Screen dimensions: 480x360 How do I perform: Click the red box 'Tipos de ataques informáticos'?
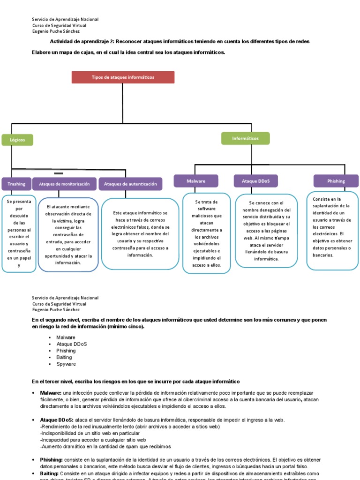tap(123, 77)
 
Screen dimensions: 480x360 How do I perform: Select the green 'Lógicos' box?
tap(17, 140)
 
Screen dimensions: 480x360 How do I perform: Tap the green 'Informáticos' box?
tap(245, 138)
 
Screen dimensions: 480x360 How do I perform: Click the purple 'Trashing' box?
tap(16, 184)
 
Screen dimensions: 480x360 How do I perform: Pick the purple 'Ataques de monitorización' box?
tap(64, 184)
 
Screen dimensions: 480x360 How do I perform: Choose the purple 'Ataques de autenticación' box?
tap(130, 184)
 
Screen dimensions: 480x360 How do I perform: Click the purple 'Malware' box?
tap(196, 181)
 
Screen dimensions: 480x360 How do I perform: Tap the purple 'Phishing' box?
tap(336, 181)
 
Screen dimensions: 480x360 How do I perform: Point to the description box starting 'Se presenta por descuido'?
tap(19, 233)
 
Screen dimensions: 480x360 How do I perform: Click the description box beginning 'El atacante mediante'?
tap(68, 234)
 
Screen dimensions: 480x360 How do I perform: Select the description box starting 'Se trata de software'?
tap(207, 233)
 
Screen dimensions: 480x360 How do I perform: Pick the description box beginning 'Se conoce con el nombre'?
tap(266, 230)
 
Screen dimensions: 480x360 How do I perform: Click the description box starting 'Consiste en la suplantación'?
tap(332, 231)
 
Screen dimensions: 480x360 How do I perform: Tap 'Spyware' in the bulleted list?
tap(66, 364)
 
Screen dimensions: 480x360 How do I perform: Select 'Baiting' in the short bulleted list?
tap(64, 357)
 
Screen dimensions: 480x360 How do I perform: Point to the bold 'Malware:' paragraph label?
tap(51, 392)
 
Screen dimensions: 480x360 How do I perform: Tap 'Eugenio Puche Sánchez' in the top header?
tap(56, 31)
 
